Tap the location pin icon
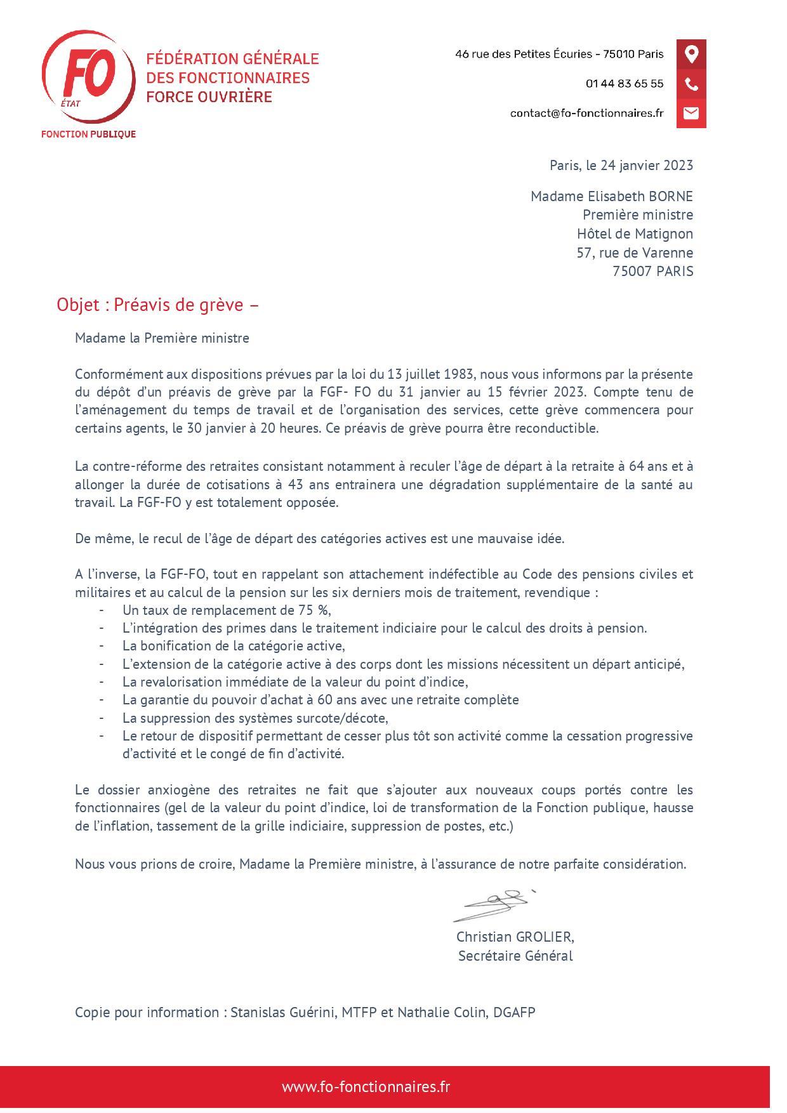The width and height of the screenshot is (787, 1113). click(691, 54)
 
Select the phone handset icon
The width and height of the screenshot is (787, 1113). click(691, 84)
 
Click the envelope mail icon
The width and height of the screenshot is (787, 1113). click(691, 113)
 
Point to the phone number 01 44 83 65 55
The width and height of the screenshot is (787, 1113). click(625, 84)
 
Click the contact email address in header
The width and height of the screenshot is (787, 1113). click(586, 113)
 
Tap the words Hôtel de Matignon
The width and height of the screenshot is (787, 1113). click(635, 234)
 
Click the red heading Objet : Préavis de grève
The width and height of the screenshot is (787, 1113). click(157, 305)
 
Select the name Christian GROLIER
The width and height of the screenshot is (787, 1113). click(515, 937)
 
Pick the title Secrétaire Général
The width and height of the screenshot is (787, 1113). click(515, 956)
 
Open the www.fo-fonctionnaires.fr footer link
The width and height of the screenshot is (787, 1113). click(366, 1086)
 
